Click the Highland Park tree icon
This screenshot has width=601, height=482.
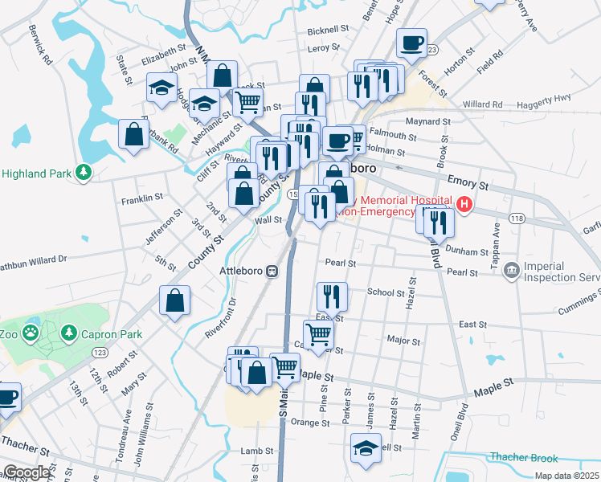click(82, 173)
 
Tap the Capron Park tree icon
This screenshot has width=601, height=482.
click(69, 332)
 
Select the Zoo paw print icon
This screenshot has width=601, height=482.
click(31, 332)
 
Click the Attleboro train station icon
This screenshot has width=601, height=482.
click(272, 271)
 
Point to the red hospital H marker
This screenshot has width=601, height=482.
click(464, 206)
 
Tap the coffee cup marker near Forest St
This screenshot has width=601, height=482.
click(411, 43)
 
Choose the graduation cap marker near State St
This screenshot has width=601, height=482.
click(161, 88)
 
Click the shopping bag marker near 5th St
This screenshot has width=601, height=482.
click(174, 301)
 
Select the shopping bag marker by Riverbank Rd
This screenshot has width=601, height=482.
click(133, 134)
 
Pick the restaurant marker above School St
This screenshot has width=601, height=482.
click(331, 296)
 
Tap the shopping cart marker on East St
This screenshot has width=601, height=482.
click(319, 333)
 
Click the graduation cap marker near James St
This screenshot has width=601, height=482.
click(366, 448)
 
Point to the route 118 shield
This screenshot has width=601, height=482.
click(516, 219)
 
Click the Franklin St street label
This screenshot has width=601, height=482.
click(141, 196)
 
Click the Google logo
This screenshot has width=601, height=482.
click(27, 472)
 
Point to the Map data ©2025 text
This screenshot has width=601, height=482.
click(566, 476)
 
